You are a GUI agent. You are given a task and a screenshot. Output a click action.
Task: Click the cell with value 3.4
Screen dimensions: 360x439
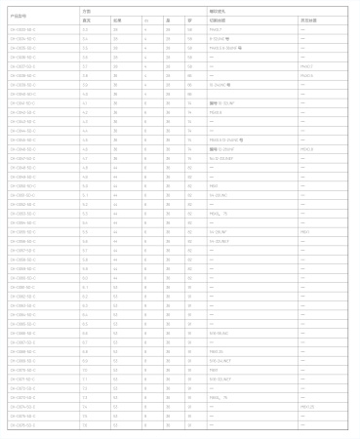point(86,39)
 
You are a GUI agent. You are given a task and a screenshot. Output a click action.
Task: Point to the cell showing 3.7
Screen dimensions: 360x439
point(86,65)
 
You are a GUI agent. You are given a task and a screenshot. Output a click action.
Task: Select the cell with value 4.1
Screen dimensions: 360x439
point(86,102)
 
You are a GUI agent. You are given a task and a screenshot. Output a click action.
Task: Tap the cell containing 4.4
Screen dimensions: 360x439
point(86,130)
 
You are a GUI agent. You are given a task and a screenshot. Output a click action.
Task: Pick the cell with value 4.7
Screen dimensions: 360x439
point(86,157)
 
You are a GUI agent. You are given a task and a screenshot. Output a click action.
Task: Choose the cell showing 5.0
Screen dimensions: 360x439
point(86,184)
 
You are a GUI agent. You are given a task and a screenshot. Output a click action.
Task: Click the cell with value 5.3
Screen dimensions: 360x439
point(86,212)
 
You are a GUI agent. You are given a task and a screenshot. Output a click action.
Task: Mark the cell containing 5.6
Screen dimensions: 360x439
point(86,239)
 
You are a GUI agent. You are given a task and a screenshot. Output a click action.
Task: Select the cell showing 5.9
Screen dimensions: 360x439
point(86,266)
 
